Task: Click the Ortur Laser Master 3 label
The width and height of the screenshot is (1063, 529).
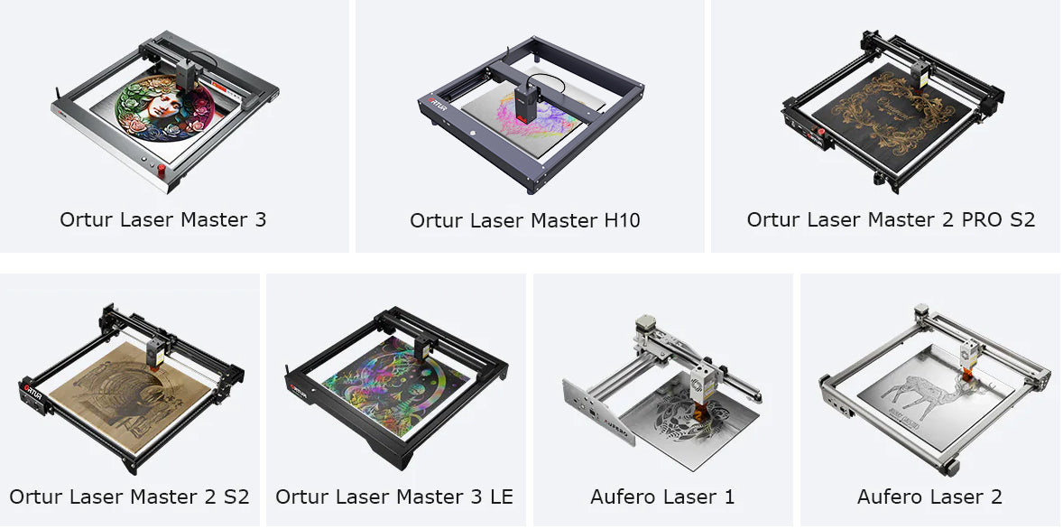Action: [162, 219]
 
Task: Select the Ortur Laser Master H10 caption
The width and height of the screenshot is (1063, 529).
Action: [524, 220]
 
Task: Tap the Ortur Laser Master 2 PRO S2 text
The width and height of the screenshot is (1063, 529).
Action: [891, 219]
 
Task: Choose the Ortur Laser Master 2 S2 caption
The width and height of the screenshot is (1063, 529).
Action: [129, 497]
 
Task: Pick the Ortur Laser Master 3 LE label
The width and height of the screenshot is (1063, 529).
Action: [393, 497]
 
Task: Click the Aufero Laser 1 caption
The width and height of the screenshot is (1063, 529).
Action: [662, 497]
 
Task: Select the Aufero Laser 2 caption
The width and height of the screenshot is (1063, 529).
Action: [929, 497]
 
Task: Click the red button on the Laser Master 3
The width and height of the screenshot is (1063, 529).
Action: [162, 170]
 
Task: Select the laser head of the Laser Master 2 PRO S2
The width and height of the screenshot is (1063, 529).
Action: [920, 76]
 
